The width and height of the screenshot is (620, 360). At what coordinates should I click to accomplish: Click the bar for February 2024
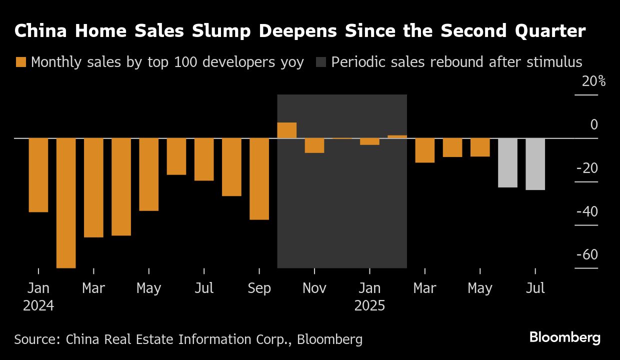(x=66, y=202)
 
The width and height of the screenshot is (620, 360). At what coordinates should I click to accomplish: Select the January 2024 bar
(x=38, y=175)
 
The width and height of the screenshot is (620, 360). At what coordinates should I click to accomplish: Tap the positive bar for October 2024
(x=287, y=130)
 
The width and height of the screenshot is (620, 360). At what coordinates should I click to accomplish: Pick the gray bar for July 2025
(x=535, y=164)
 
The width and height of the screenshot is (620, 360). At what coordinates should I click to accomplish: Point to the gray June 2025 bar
(x=507, y=162)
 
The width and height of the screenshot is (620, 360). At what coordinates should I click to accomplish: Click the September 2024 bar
(x=259, y=178)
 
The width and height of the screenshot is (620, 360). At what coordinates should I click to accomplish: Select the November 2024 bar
(x=314, y=145)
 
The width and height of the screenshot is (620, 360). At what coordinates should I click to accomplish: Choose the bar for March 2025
(x=425, y=150)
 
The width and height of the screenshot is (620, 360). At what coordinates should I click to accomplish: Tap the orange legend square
(x=20, y=62)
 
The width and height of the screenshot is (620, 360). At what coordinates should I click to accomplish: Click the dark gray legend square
(x=321, y=62)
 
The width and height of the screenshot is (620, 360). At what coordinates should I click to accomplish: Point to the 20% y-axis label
(x=593, y=81)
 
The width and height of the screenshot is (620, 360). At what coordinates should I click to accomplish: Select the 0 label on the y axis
(x=594, y=124)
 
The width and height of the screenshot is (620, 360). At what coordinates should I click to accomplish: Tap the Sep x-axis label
(x=259, y=288)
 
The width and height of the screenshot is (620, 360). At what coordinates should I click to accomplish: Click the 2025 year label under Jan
(x=369, y=305)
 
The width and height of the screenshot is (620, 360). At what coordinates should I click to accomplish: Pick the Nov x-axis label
(x=314, y=288)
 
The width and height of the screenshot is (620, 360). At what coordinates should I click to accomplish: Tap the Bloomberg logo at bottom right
(x=565, y=337)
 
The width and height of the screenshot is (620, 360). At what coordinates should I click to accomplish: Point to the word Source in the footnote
(x=36, y=339)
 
